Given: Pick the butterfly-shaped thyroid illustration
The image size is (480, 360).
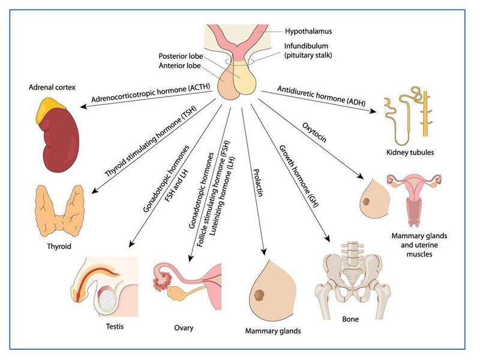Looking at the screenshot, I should point(59,206).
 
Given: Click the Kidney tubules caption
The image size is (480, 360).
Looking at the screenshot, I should point(411,152).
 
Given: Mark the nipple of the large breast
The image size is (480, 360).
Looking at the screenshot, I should point(261,295).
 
